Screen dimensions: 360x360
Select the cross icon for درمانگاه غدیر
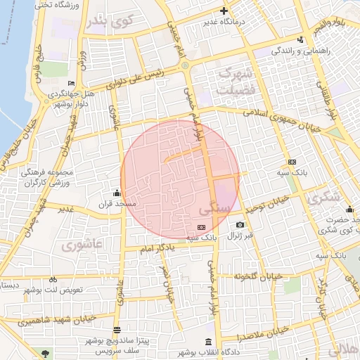coord(224,11)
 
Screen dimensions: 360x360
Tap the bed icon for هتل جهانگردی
coord(71,83)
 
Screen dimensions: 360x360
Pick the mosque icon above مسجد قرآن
coord(117,193)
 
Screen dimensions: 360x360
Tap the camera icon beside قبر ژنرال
coord(240,225)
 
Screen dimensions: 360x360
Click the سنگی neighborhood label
coord(214,209)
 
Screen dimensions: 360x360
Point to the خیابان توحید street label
coord(264,207)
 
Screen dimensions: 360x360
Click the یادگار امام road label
coord(157,248)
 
